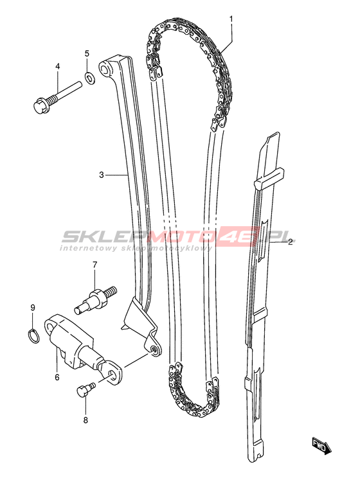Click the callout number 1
(x=231, y=19)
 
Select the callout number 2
(x=290, y=242)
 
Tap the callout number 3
(x=102, y=175)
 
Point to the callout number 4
(x=58, y=66)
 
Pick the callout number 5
(x=87, y=54)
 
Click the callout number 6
(x=57, y=377)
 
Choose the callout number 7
(x=94, y=264)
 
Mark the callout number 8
(x=85, y=420)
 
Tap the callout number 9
(x=33, y=308)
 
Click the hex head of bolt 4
(x=40, y=106)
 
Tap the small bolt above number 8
(x=86, y=389)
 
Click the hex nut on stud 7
(x=98, y=296)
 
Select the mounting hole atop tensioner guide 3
(x=105, y=68)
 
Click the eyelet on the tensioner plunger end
(x=114, y=372)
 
